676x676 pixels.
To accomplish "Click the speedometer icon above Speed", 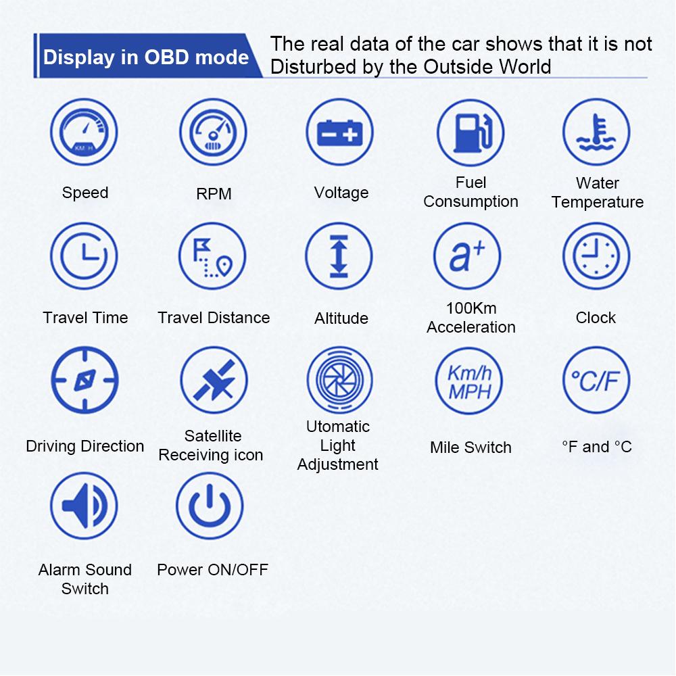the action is [84, 132].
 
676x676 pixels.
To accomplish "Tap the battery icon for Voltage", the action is [340, 132].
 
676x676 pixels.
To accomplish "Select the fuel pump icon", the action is [470, 132].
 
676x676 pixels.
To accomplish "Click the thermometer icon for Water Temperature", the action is [596, 132].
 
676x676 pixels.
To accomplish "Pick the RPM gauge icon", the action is [213, 132].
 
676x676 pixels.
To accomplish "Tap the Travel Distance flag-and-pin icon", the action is [212, 256].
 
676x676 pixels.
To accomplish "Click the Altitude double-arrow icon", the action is [339, 256].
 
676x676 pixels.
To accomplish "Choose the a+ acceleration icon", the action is [467, 256].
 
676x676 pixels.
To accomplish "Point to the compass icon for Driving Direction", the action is [84, 380].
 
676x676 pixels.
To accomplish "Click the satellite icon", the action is [214, 380].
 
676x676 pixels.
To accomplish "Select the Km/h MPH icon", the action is [469, 381].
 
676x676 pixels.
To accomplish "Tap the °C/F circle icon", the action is [596, 380].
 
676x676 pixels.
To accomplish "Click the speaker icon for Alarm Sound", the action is [84, 506].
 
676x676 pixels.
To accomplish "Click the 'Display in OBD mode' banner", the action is [148, 56].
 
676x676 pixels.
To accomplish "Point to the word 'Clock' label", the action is [596, 318].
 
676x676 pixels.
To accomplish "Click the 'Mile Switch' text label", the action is [470, 448].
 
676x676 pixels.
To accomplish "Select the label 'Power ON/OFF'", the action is [212, 570].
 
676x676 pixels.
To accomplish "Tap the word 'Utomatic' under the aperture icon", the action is [338, 427].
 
